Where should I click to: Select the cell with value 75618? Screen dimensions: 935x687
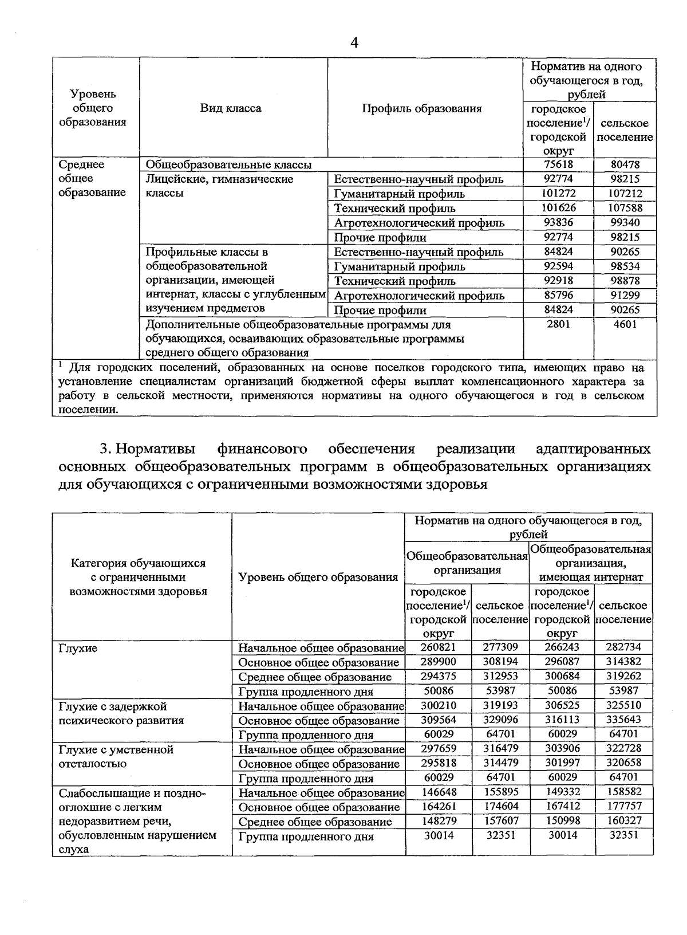(x=559, y=164)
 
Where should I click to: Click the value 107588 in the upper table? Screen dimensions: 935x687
(x=625, y=208)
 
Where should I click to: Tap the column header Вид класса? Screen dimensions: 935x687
(x=231, y=108)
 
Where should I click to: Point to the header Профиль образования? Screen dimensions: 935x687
(x=422, y=108)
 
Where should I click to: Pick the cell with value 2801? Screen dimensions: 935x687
(x=559, y=324)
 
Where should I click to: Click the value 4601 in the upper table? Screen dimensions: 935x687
(x=625, y=324)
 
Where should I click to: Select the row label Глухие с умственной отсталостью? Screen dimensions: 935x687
(x=116, y=756)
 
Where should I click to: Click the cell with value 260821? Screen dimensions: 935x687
(x=439, y=647)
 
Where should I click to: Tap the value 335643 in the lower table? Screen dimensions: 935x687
(x=623, y=719)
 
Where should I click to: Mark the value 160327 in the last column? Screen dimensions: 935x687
(x=623, y=820)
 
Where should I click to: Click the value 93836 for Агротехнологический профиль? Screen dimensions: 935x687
(x=559, y=222)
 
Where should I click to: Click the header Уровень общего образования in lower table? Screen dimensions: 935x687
(x=318, y=577)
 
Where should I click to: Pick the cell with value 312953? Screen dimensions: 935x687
(x=501, y=676)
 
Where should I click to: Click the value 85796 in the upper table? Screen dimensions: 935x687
(x=559, y=295)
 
